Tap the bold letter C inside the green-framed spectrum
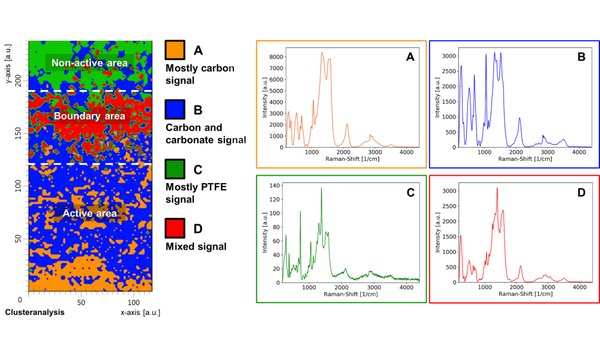[x=407, y=191]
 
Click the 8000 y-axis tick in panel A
[x=275, y=59]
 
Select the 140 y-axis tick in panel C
[x=273, y=186]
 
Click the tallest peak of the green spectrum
[x=321, y=188]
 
